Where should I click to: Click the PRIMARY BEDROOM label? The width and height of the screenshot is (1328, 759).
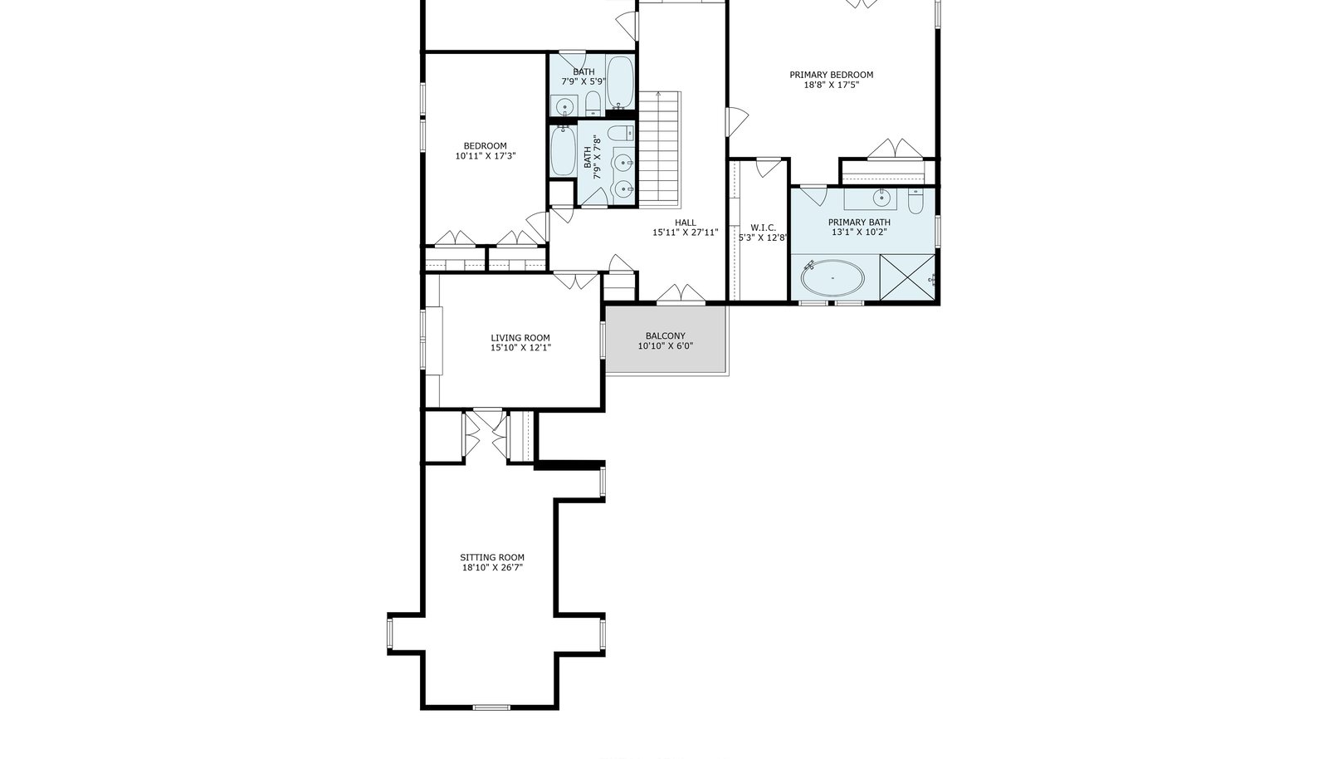pyautogui.click(x=831, y=75)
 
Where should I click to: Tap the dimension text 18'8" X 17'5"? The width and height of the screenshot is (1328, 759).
pyautogui.click(x=831, y=85)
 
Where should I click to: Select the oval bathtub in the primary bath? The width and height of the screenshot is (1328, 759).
pyautogui.click(x=833, y=277)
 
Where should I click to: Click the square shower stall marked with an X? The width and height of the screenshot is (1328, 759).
pyautogui.click(x=907, y=277)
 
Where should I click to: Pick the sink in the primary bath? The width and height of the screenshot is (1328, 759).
pyautogui.click(x=881, y=198)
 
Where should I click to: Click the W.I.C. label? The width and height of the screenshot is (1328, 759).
pyautogui.click(x=763, y=228)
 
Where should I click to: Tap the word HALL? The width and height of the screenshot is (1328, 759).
pyautogui.click(x=686, y=223)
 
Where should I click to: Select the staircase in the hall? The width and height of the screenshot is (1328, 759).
pyautogui.click(x=659, y=149)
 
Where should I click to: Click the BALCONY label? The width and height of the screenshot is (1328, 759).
pyautogui.click(x=665, y=335)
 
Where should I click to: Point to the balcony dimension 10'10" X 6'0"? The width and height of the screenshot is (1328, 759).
pyautogui.click(x=665, y=345)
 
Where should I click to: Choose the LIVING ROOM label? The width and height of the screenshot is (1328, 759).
pyautogui.click(x=520, y=338)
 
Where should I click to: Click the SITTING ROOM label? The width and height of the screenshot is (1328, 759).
pyautogui.click(x=492, y=557)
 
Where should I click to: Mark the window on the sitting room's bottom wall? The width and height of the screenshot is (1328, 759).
pyautogui.click(x=491, y=707)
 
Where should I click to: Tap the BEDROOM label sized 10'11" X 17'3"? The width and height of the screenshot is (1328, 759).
pyautogui.click(x=485, y=146)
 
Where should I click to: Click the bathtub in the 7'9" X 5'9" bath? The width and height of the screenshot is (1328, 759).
pyautogui.click(x=620, y=82)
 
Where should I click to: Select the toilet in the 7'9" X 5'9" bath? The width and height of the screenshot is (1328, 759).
pyautogui.click(x=593, y=104)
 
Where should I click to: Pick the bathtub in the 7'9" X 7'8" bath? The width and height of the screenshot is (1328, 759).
pyautogui.click(x=563, y=151)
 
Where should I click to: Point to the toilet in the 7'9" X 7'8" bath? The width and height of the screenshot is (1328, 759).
pyautogui.click(x=622, y=132)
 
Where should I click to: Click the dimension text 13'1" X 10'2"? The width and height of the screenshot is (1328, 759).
pyautogui.click(x=859, y=233)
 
